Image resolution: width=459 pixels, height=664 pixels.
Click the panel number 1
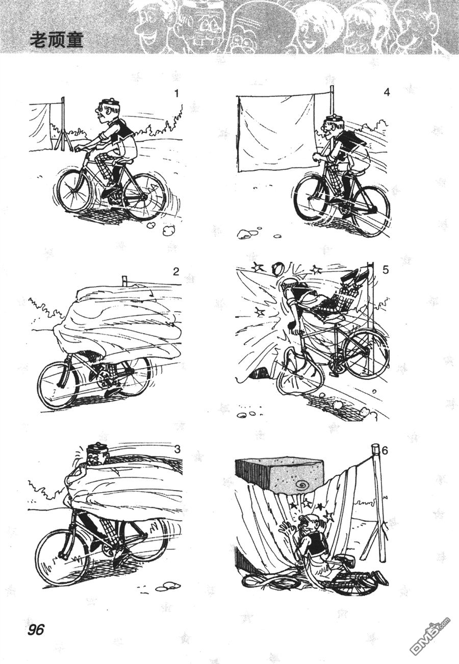(x=177, y=94)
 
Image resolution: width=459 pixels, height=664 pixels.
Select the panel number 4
(x=386, y=92)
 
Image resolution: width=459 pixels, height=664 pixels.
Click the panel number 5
(x=386, y=270)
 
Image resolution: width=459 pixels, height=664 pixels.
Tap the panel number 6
(x=385, y=450)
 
